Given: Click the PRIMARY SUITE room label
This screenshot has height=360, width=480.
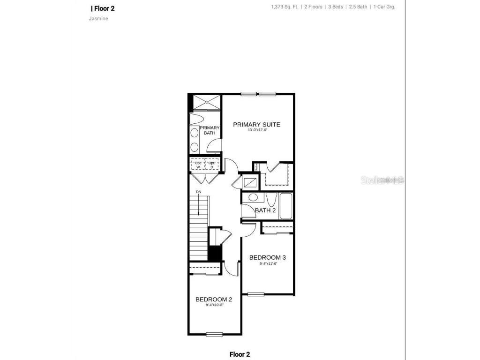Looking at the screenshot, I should point(256,125).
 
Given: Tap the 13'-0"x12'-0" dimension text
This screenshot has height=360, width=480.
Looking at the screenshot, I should point(257,130).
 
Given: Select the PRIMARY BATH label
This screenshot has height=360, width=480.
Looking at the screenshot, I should point(209,130).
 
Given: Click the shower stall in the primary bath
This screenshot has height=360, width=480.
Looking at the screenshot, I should point(206,103).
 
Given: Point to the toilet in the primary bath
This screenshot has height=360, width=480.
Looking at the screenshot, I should point(196,119).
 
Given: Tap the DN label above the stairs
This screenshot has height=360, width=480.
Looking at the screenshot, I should point(198,192).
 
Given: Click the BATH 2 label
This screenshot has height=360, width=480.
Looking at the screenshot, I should point(265,210).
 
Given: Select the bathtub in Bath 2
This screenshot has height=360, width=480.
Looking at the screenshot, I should point(286,206).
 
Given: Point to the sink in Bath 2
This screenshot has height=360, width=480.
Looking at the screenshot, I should point(253,197).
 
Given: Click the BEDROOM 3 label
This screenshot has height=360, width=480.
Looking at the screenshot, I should point(267,257).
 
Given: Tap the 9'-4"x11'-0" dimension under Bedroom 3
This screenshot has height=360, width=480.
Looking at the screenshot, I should point(269,263).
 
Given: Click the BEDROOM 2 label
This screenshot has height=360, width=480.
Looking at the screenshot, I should point(214,300).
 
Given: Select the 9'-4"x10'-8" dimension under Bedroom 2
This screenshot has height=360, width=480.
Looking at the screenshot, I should point(215,306).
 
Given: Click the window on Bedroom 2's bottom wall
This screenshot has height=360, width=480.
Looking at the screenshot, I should point(214,334).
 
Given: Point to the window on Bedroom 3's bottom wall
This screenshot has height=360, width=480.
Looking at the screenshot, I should point(256,294).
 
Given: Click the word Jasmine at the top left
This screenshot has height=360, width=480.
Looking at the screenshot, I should point(95,19).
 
